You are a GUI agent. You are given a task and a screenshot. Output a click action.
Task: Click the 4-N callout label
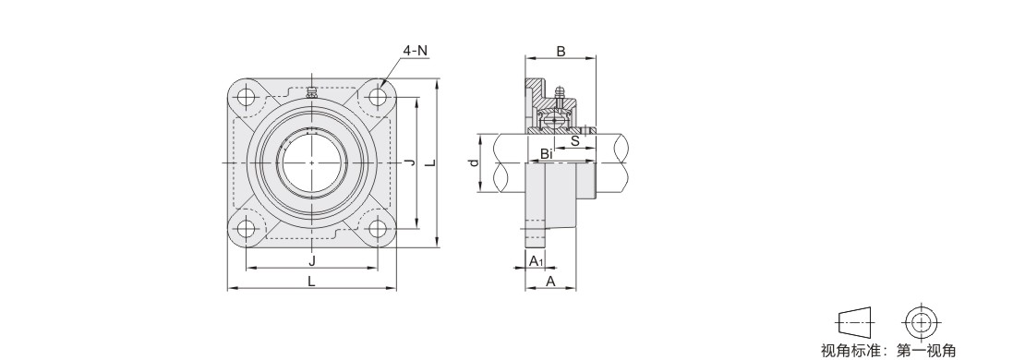coord(416,50)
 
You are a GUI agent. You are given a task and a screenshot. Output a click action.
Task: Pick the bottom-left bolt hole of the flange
coord(247,228)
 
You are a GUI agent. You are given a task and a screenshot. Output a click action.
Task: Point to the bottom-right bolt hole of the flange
coord(377,228)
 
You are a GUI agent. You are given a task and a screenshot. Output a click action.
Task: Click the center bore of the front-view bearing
coord(312,162)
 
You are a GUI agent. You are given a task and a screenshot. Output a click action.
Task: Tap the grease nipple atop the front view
coord(312,92)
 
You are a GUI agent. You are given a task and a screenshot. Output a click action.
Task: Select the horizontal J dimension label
coord(312,260)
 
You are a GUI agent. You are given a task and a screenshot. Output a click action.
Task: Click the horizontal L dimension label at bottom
coord(312,281)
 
